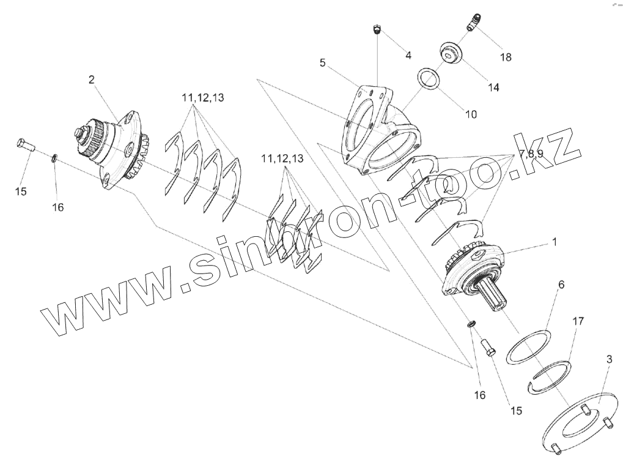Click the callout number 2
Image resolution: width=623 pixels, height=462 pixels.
pos(92,79)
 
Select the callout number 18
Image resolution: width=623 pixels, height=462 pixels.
pos(506,57)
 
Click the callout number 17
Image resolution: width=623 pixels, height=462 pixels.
pos(578,321)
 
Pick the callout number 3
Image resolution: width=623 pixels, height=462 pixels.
pos(609,359)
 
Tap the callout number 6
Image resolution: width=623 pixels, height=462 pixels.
pos(561,285)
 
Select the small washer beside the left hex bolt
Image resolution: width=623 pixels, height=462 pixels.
pos(54,159)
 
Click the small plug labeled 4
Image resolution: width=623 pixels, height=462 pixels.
pos(377,29)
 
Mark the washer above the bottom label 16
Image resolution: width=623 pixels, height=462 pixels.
pos(472,323)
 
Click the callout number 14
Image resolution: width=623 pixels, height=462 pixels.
pos(493,88)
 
